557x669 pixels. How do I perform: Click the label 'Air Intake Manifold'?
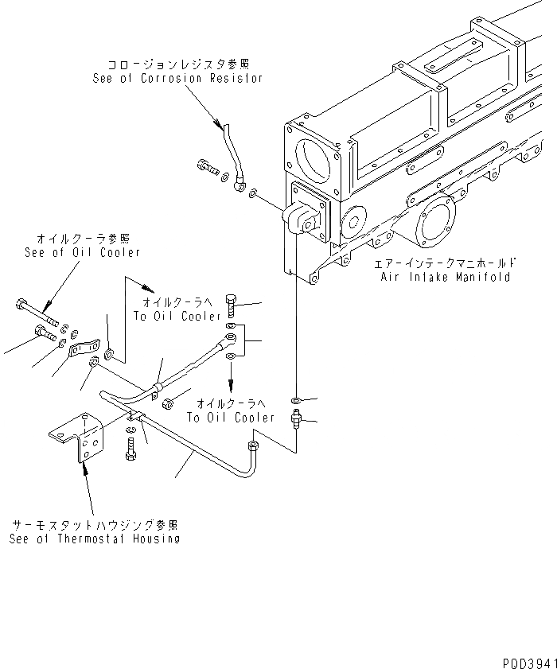pyautogui.click(x=446, y=278)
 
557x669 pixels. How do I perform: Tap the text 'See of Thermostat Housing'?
pyautogui.click(x=94, y=539)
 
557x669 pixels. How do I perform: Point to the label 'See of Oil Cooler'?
pyautogui.click(x=82, y=252)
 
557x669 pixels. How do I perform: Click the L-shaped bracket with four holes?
pyautogui.click(x=79, y=438)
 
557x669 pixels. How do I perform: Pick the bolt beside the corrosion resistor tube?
pyautogui.click(x=207, y=167)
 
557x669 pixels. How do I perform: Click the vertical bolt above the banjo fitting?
pyautogui.click(x=231, y=305)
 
